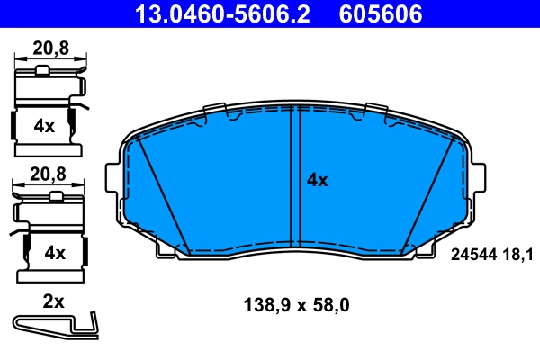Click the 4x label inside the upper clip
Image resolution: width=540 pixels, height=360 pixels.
(44, 126)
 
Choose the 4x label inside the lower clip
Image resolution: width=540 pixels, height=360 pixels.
(55, 252)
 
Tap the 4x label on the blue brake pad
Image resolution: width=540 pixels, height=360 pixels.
(317, 180)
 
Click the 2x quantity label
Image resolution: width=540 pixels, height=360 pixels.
(54, 301)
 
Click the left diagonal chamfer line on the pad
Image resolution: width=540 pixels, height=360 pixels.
(162, 193)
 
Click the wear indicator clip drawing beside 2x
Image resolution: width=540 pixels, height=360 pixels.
(54, 323)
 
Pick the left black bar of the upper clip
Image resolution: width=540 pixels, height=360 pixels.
(13, 125)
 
